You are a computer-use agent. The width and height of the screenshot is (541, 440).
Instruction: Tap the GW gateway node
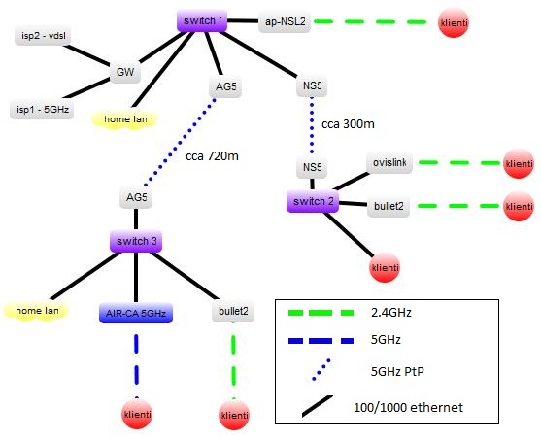(x=125, y=73)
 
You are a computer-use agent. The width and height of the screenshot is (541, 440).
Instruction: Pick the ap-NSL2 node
(x=285, y=20)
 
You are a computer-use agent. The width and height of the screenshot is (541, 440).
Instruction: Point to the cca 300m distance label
(x=348, y=124)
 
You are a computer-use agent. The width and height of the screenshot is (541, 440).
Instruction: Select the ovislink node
(x=390, y=163)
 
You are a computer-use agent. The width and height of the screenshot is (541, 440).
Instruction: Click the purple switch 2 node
(x=312, y=202)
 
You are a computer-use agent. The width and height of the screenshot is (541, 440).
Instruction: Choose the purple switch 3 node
(x=134, y=242)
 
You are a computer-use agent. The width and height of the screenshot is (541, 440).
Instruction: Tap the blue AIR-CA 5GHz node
(x=136, y=313)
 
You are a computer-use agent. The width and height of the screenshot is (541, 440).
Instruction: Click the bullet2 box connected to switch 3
(x=233, y=312)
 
